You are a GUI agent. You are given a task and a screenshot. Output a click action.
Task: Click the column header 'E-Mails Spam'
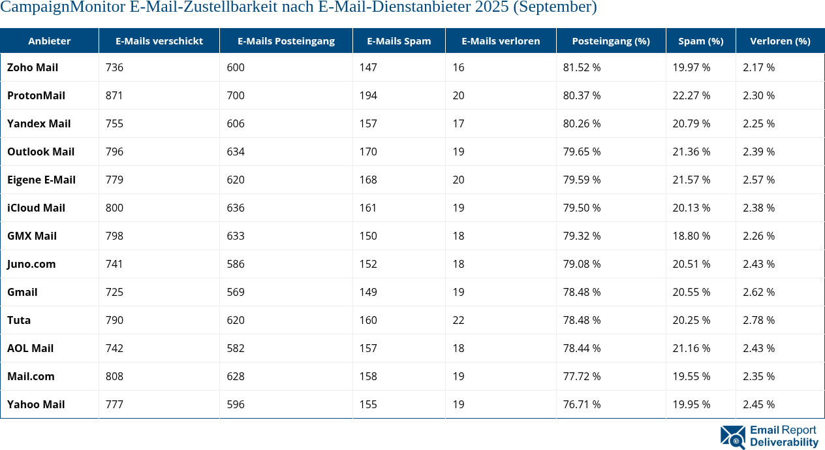pos(399,40)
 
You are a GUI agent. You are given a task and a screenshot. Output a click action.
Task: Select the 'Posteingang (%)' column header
pos(610,40)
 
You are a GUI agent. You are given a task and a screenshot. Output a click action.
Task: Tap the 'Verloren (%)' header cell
pos(780,40)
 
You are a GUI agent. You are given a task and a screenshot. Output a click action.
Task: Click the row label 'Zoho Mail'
pos(33,67)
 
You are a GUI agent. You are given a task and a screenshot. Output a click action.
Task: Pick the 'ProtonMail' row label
pos(36,95)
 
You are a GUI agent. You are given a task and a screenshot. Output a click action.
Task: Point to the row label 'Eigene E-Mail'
pos(41,180)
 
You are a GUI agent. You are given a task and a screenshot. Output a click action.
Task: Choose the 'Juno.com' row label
pos(31,264)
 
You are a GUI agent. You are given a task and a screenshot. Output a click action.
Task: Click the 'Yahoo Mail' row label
pos(36,404)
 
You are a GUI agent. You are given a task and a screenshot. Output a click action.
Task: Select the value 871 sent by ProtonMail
pos(114,95)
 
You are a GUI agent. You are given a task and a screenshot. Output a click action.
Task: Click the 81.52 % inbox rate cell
pos(582,67)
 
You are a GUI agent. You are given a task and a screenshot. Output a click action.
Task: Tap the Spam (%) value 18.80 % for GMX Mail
pos(691,236)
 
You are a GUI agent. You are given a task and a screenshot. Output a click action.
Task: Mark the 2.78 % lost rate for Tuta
pos(758,320)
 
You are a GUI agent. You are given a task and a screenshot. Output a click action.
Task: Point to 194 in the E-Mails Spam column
pos(368,95)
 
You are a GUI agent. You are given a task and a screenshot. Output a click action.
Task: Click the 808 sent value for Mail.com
pos(114,376)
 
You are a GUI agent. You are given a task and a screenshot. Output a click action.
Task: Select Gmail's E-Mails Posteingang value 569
pos(236,292)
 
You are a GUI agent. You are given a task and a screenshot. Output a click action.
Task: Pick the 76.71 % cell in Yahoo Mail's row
pos(582,404)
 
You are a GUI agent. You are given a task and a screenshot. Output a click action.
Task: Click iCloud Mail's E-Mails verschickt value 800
pos(114,208)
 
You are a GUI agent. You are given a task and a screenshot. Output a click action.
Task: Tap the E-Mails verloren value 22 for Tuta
pos(459,320)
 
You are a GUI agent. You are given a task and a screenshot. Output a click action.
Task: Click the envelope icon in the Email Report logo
pos(732,437)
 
